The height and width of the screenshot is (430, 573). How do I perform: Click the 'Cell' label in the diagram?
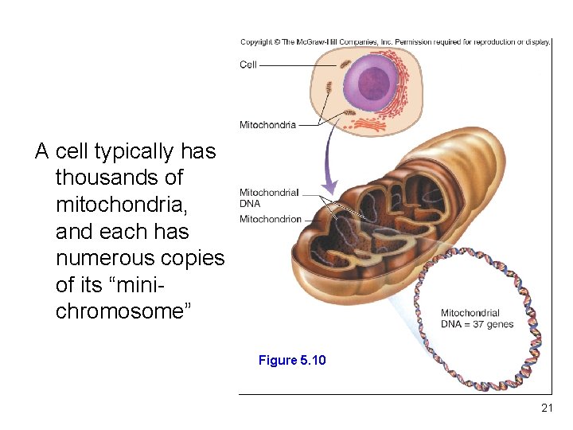tap(248, 64)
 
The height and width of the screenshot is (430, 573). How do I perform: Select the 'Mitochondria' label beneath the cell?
tap(267, 125)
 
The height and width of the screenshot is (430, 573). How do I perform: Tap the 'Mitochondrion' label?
tap(271, 219)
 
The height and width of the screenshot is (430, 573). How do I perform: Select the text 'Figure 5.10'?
tap(292, 361)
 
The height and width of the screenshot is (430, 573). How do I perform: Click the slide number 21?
tap(546, 408)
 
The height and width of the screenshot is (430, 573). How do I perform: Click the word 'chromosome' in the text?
tap(120, 311)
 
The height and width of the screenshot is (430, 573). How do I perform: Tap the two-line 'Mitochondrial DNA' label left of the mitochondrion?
tap(269, 197)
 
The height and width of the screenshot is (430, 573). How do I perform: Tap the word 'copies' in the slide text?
tap(197, 258)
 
